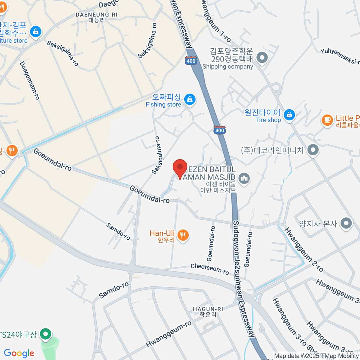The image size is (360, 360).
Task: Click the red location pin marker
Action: point(180,167)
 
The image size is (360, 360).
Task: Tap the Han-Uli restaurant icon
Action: point(183,235)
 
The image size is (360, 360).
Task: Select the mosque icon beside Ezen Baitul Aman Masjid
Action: point(245,179)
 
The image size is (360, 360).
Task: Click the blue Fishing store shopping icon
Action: point(190,99)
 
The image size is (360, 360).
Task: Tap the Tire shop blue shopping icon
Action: point(289,115)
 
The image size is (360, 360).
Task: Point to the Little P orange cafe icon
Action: point(327,120)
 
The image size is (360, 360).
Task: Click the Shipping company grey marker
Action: point(262,57)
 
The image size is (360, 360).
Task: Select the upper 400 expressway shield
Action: point(191,61)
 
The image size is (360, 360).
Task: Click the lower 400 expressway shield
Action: point(220,130)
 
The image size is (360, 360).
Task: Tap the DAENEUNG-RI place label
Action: point(96,15)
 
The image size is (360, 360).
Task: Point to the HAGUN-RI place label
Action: point(208,309)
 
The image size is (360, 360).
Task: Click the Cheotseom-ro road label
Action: point(210,269)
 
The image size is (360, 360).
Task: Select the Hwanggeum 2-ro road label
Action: point(304,250)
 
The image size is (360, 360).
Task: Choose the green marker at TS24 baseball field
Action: point(46,334)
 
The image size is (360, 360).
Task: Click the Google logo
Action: point(19,353)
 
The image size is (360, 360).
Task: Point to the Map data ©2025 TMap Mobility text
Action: point(316,356)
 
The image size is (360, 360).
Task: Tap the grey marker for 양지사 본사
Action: point(347,223)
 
